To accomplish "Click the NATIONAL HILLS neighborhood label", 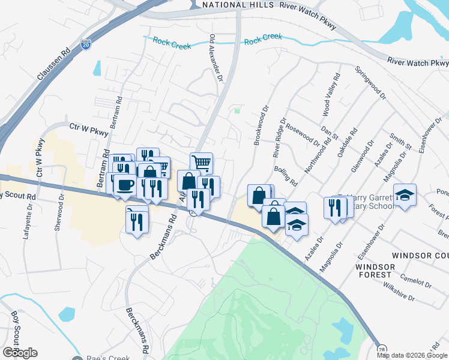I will (232, 5).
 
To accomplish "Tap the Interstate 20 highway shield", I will (86, 44).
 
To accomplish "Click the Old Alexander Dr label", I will (215, 58).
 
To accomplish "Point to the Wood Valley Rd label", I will (331, 95).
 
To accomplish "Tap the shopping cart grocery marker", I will (202, 162).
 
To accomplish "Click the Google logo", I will (19, 353).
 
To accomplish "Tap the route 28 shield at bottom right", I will (381, 349).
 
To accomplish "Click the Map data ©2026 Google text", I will (412, 355).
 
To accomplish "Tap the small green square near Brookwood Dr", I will (237, 110).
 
